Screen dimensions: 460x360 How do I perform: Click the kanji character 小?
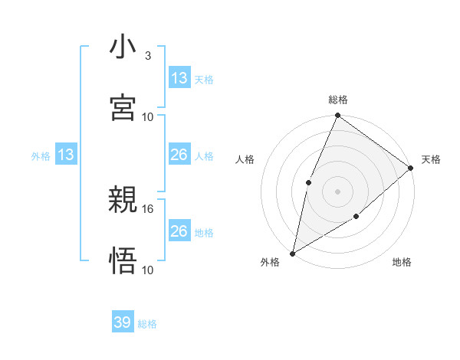click(123, 47)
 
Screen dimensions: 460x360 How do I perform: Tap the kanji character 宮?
click(123, 107)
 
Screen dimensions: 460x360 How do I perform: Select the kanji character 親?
click(123, 201)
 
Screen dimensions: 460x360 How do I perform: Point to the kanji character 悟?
click(123, 261)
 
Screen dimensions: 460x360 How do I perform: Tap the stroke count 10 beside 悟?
click(148, 270)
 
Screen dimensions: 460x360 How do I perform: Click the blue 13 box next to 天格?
click(179, 78)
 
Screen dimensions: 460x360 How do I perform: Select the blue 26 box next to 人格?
click(179, 155)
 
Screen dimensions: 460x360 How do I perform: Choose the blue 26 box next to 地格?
click(179, 231)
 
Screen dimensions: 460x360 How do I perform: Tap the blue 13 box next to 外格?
click(66, 155)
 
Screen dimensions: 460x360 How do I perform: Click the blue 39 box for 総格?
click(123, 322)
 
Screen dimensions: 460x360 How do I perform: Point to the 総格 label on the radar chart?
click(338, 100)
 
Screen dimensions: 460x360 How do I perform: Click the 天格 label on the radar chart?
click(431, 159)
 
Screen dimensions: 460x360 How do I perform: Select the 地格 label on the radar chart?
click(402, 262)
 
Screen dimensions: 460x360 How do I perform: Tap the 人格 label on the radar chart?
click(245, 159)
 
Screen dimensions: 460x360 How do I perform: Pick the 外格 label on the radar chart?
click(270, 262)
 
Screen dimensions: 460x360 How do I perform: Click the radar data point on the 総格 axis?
click(337, 116)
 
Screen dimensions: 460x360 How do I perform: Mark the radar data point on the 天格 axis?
click(410, 168)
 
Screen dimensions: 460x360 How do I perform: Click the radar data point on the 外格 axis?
click(292, 253)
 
